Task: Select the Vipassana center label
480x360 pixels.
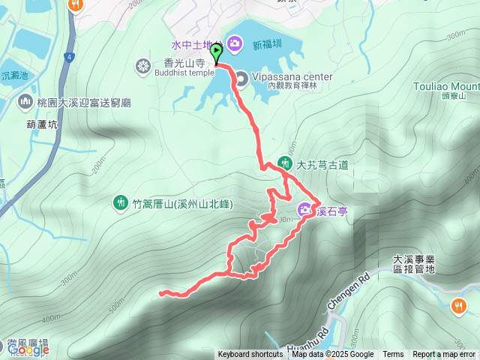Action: (287, 76)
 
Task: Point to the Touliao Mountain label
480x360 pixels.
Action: (445, 86)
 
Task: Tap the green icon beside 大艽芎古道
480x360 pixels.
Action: (285, 162)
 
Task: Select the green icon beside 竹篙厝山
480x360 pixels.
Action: (121, 202)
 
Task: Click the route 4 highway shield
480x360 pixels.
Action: (70, 56)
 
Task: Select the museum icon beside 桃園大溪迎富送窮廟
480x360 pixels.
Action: (26, 101)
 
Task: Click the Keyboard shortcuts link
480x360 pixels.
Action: (250, 355)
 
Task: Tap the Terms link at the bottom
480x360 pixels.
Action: (393, 355)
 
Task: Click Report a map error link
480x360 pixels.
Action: (444, 355)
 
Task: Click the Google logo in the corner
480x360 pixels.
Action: (28, 350)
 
